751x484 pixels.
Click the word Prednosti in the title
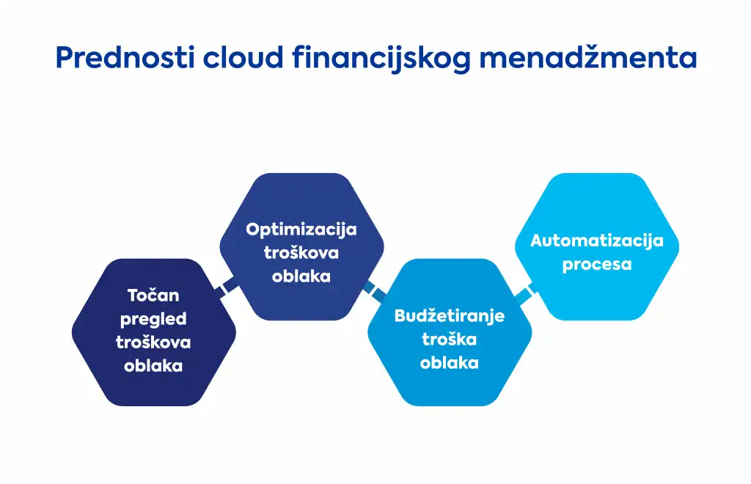pos(125,57)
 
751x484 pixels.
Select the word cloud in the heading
pos(243,57)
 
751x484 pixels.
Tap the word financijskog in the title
pos(381,59)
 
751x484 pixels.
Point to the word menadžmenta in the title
pos(587,57)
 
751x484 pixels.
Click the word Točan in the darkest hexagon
pos(153,295)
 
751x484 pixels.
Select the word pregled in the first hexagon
pos(153,319)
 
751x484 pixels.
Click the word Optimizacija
pos(301,230)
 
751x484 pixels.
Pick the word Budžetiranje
pos(450,317)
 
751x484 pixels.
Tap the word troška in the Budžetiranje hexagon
pos(450,340)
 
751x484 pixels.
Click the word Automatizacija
pos(597,241)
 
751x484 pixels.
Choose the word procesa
pos(597,265)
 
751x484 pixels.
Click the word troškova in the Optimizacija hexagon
pos(301,253)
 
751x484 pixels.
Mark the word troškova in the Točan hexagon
pos(153,342)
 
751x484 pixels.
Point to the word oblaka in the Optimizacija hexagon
pos(301,276)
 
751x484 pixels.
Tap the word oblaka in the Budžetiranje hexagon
pos(450,363)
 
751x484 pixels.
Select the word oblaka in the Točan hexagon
pos(153,366)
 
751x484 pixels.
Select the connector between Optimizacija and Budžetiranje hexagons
pos(375,292)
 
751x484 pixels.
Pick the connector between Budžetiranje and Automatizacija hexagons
pos(524,293)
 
